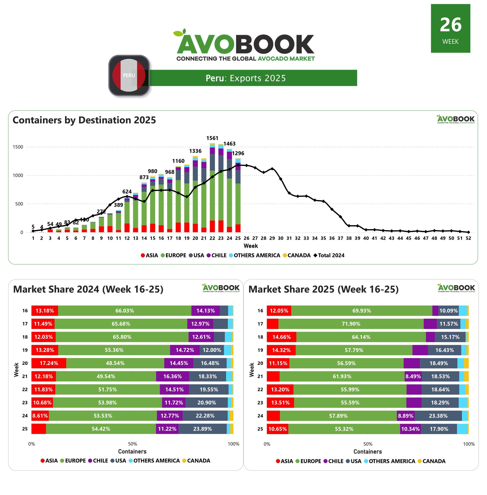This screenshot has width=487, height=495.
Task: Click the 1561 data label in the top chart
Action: (212, 138)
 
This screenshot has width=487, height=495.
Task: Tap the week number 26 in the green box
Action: (450, 25)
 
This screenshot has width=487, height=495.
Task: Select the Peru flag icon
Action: (129, 75)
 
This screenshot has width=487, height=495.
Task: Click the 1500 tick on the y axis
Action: (18, 147)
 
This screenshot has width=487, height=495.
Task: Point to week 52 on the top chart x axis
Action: (468, 238)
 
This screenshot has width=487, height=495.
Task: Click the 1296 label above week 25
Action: (238, 153)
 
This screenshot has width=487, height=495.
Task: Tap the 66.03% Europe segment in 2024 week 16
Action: (125, 311)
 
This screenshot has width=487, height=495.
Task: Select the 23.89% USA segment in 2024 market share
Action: (202, 429)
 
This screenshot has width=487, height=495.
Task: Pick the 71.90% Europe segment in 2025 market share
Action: (351, 324)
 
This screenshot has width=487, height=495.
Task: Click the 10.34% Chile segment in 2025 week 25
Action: (410, 429)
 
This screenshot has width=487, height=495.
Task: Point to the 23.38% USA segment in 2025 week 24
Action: (438, 416)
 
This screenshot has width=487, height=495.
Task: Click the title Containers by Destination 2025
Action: (84, 120)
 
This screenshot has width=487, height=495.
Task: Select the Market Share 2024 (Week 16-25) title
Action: (88, 289)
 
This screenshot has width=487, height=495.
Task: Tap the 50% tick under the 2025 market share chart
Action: (367, 444)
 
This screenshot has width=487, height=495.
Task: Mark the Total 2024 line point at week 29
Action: (272, 169)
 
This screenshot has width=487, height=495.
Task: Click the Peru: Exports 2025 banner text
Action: (246, 78)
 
